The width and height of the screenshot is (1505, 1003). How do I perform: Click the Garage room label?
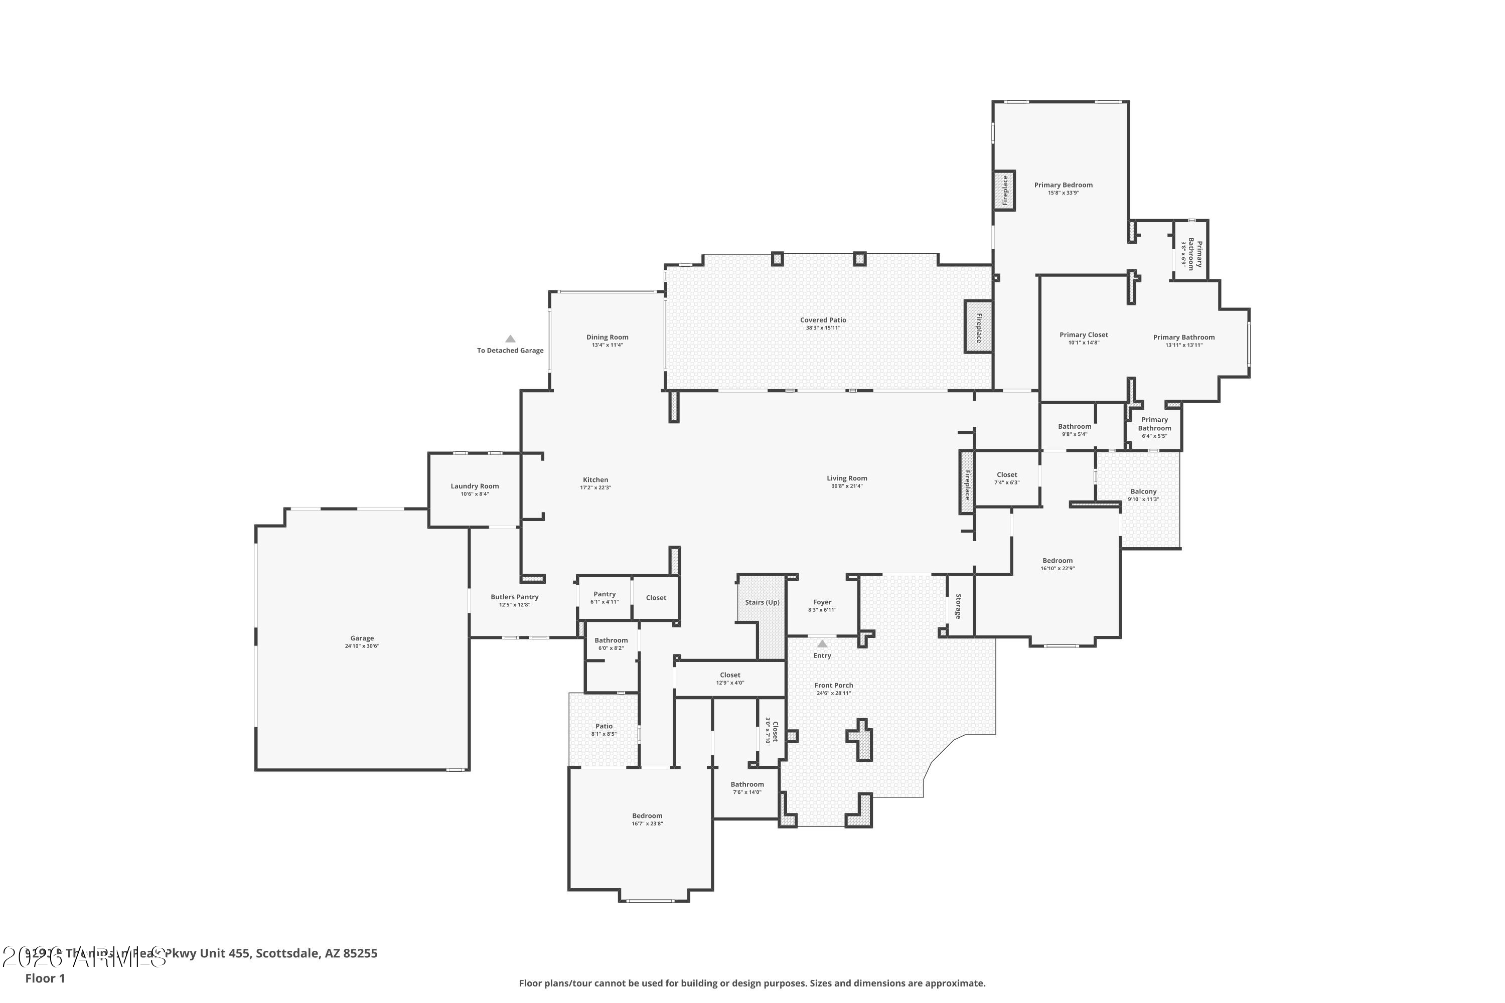(362, 638)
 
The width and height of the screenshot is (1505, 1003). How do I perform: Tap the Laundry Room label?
(474, 486)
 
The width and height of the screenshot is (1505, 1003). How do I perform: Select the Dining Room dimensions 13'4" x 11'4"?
(607, 346)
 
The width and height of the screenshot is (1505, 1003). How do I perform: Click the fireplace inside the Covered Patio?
(978, 327)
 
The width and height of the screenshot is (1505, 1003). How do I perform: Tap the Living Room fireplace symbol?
(967, 482)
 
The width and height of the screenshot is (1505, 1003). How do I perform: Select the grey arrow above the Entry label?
(822, 644)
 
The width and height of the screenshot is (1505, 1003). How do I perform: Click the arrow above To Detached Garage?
(510, 339)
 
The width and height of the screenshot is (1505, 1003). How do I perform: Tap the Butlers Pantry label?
(515, 597)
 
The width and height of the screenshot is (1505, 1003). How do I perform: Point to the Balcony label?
(1143, 492)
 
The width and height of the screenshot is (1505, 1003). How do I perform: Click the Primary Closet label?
(1083, 335)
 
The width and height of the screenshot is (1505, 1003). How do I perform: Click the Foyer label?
(822, 602)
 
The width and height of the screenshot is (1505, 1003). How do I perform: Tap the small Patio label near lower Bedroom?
(604, 726)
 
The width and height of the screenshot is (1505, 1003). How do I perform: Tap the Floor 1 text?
(45, 978)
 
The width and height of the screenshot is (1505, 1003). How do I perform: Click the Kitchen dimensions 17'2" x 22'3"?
(595, 488)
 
